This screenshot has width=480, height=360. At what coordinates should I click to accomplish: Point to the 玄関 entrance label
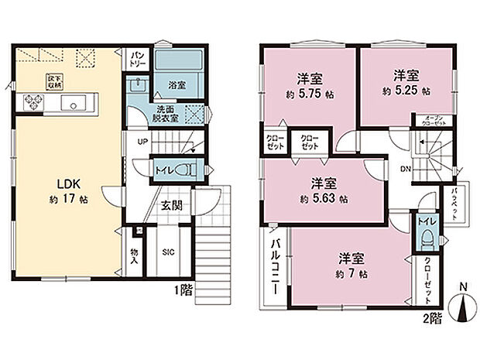[171, 205]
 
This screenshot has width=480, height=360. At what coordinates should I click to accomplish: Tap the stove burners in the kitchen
[35, 101]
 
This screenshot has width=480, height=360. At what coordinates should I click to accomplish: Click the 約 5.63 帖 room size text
[324, 199]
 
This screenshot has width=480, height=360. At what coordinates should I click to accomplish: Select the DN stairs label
[406, 170]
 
